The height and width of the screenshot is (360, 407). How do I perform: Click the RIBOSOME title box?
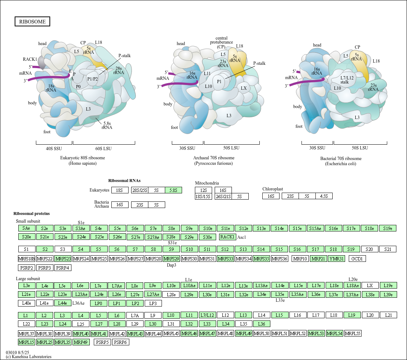pyautogui.click(x=33, y=22)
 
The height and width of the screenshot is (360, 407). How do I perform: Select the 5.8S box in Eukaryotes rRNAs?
pyautogui.click(x=173, y=190)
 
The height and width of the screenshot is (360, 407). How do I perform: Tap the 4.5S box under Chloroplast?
pyautogui.click(x=324, y=196)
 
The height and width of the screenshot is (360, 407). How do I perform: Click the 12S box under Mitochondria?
pyautogui.click(x=204, y=190)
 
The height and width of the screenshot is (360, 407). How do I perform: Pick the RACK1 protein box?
pyautogui.click(x=227, y=237)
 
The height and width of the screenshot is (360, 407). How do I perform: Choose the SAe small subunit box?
pyautogui.click(x=26, y=228)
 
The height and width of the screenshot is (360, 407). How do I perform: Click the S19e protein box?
pyautogui.click(x=388, y=228)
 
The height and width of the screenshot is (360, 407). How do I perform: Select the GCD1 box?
pyautogui.click(x=357, y=259)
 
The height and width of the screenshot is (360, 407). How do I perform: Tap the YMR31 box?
pyautogui.click(x=336, y=259)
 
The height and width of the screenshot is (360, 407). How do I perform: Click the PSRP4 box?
pyautogui.click(x=63, y=268)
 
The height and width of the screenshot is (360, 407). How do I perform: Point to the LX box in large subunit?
pyautogui.click(x=370, y=286)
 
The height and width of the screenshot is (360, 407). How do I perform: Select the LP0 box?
pyautogui.click(x=99, y=303)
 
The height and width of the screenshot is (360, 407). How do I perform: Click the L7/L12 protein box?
pyautogui.click(x=207, y=315)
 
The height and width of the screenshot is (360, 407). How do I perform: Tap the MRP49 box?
pyautogui.click(x=81, y=342)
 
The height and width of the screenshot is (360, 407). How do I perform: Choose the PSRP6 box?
pyautogui.click(x=121, y=342)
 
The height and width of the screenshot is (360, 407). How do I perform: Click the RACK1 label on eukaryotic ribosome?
pyautogui.click(x=30, y=59)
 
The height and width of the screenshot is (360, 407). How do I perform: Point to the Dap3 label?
pyautogui.click(x=171, y=265)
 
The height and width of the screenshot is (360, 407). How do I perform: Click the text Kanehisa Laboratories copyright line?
pyautogui.click(x=29, y=357)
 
